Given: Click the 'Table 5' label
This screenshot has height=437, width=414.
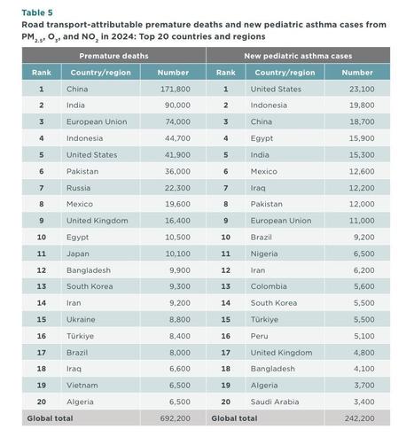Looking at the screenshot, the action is click(x=37, y=12).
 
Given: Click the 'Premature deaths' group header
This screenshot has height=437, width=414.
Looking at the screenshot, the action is click(x=113, y=56).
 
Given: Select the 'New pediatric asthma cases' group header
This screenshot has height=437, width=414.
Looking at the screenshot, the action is click(x=298, y=56).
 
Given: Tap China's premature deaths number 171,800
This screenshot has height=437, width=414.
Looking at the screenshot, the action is click(x=176, y=89).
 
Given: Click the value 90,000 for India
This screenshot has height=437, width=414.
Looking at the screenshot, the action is click(x=177, y=105).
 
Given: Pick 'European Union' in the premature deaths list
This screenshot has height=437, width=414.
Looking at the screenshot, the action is click(x=97, y=121).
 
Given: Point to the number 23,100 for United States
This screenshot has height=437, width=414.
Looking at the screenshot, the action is click(x=362, y=89).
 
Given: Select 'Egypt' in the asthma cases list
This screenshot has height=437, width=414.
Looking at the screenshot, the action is click(x=262, y=138).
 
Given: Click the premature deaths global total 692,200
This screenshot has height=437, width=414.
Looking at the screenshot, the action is click(x=176, y=418).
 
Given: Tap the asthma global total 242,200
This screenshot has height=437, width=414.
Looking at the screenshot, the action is click(x=360, y=418).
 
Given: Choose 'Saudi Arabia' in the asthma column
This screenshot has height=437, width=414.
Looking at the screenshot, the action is click(x=275, y=402).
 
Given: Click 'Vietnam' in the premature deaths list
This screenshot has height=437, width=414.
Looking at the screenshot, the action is click(x=82, y=386).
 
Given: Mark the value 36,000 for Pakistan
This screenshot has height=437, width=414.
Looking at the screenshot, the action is click(x=177, y=171).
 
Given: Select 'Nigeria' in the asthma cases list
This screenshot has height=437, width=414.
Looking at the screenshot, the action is click(x=264, y=254).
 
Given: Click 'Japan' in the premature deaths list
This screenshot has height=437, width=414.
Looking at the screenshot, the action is click(x=78, y=254).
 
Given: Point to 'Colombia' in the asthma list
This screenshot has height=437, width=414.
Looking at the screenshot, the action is click(x=269, y=286).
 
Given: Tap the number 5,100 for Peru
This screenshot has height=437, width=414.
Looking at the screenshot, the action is click(x=364, y=336).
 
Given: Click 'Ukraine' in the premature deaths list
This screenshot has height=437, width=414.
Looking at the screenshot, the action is click(x=81, y=319).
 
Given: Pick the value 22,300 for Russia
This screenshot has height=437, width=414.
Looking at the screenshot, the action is click(x=177, y=188).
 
